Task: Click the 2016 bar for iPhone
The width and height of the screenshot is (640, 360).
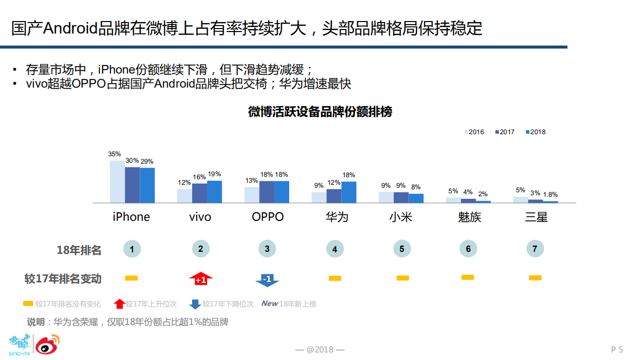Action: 117,182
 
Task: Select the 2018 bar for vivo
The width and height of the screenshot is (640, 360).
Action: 214,192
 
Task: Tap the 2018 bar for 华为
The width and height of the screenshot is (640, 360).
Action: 349,192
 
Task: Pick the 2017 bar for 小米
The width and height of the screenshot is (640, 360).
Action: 401,197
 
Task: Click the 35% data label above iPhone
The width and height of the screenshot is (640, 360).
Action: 115,154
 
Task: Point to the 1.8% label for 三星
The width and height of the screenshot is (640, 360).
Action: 550,194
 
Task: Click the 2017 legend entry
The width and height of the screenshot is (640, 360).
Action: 504,132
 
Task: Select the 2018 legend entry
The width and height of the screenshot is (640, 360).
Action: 535,132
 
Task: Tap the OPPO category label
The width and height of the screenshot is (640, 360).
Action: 268,217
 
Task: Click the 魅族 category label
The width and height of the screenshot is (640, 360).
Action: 469,217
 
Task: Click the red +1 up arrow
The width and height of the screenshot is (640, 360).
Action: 201,278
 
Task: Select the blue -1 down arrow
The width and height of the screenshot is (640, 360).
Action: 267,279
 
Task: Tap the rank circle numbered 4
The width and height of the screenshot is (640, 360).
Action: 334,249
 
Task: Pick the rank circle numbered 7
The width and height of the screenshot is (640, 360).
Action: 535,249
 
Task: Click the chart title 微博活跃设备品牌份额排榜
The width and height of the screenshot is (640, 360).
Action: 320,112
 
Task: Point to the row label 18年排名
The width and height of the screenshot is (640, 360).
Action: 79,250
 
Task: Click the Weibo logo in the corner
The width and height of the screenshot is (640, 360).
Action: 48,344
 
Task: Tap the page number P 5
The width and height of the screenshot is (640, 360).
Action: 616,349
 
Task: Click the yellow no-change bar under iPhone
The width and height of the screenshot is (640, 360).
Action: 132,278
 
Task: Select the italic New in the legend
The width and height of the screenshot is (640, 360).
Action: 270,303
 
